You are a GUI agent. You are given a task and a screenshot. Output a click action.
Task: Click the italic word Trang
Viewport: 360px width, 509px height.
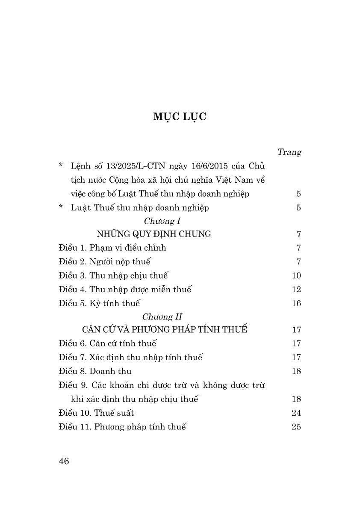289,152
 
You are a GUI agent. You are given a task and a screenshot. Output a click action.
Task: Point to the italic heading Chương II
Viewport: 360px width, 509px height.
156,317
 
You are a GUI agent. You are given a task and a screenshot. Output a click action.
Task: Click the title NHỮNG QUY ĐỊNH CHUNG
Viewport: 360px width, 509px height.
154,234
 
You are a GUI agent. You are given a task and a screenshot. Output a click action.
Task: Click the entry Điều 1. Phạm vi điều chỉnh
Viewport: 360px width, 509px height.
112,248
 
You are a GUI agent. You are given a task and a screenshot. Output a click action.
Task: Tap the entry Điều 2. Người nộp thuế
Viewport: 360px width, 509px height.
105,262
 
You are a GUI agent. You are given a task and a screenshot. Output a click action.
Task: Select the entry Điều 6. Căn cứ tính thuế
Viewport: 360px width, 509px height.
107,343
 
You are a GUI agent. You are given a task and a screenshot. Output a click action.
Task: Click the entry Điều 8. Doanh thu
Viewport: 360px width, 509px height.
95,371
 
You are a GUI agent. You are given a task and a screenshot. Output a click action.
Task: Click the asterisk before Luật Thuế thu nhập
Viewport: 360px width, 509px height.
61,207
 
